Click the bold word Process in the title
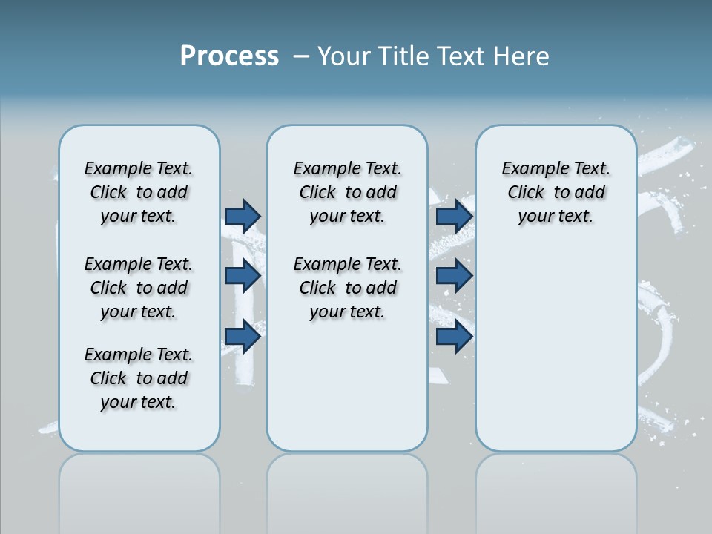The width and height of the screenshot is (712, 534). click(229, 56)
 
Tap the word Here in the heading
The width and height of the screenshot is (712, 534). click(521, 56)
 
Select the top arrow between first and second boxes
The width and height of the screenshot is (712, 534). click(243, 216)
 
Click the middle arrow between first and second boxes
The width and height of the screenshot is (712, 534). click(243, 277)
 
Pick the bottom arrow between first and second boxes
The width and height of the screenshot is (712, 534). click(243, 337)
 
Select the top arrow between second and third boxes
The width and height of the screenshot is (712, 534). click(454, 216)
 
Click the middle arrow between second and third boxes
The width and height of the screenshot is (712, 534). click(454, 277)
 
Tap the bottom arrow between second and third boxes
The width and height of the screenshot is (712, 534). click(454, 337)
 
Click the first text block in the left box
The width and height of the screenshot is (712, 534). click(139, 192)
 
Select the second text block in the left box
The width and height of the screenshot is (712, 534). click(139, 288)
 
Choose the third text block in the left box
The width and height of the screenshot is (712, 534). click(139, 378)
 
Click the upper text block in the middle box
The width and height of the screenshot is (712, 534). click(348, 192)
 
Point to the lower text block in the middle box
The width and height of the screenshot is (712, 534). click(348, 288)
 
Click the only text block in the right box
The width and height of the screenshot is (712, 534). click(556, 192)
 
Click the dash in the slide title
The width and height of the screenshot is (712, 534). click(301, 56)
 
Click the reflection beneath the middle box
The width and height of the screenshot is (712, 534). click(347, 489)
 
